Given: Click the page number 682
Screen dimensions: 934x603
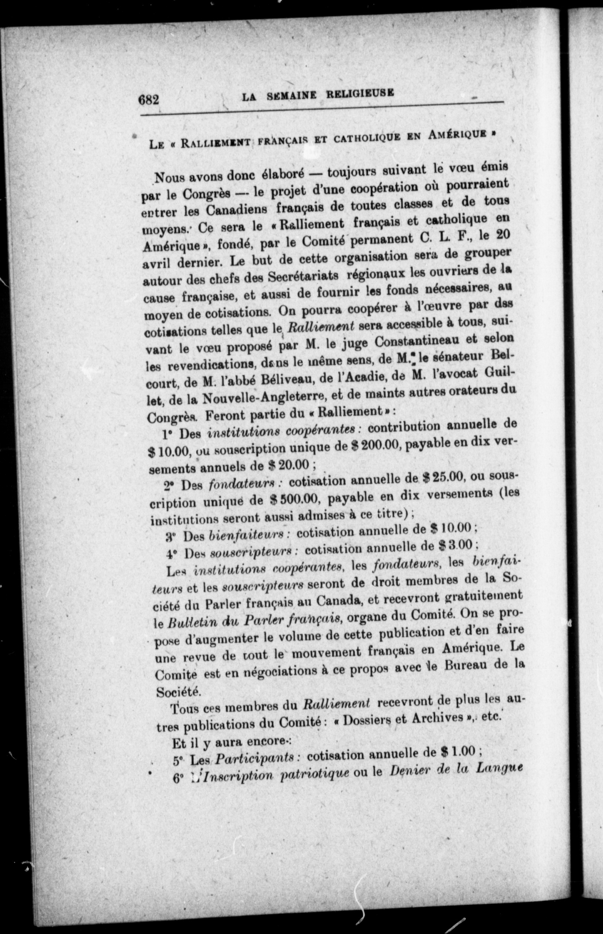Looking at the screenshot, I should tap(149, 99).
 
